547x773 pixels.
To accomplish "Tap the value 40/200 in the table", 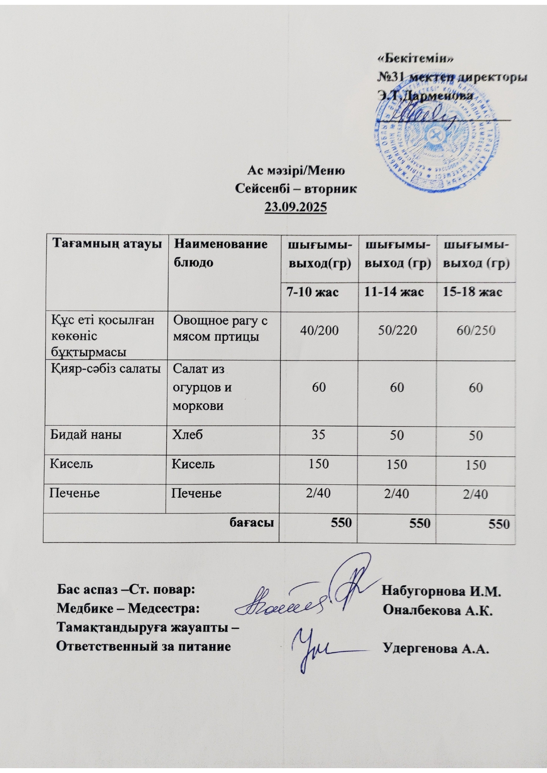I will coord(319,331).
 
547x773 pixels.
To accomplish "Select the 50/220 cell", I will coord(397,331).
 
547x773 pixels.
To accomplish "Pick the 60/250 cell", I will coord(476,331).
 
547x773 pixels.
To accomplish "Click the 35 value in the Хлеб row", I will coord(319,435).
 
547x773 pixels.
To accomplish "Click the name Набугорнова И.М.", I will coord(442,591).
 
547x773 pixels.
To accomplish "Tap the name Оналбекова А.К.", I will coord(438,610).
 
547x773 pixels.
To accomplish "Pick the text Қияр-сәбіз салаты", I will coord(104,369).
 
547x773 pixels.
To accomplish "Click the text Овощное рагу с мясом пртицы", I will coord(220,329).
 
